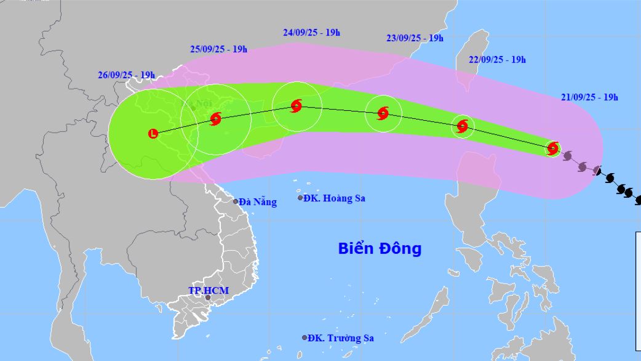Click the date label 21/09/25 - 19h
589,97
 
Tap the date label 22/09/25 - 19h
496,60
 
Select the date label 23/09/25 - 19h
415,38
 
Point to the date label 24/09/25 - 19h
311,32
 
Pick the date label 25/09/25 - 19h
218,49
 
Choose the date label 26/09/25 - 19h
126,75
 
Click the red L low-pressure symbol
153,133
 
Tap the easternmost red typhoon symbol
552,148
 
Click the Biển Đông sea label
380,249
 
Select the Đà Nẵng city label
258,202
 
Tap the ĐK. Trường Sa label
341,338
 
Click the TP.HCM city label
204,290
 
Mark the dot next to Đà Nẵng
236,201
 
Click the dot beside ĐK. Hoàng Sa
300,198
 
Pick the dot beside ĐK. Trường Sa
305,338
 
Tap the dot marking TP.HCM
207,298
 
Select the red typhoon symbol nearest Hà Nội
215,119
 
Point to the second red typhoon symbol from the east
463,126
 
